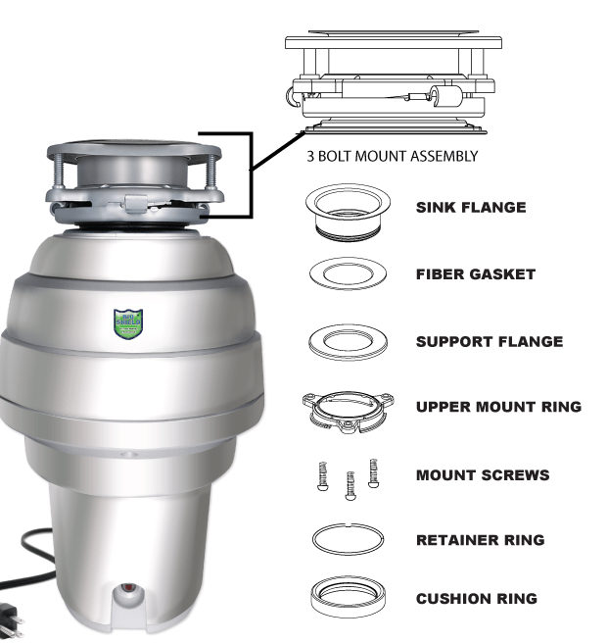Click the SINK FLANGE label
pos(471,208)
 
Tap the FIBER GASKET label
pos(476,274)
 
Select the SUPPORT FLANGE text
pos(490,342)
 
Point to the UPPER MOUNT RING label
pos(498,407)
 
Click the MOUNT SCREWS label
pos(483,475)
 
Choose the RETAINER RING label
pos(480,540)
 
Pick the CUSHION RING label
pos(476,599)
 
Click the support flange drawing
pos(348,340)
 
